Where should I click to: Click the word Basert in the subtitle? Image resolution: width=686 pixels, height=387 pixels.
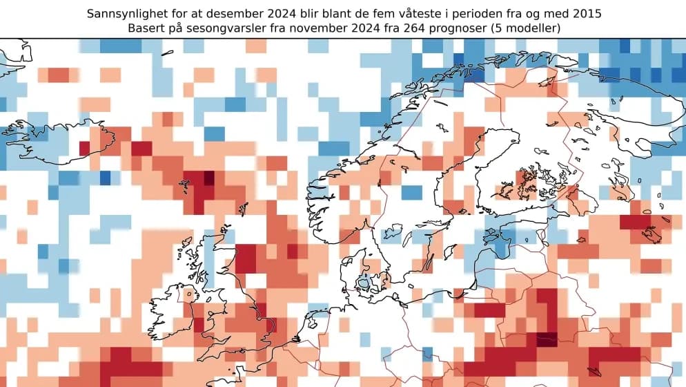pos(146,28)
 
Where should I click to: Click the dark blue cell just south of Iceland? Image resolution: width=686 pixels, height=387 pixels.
pos(105,178)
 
